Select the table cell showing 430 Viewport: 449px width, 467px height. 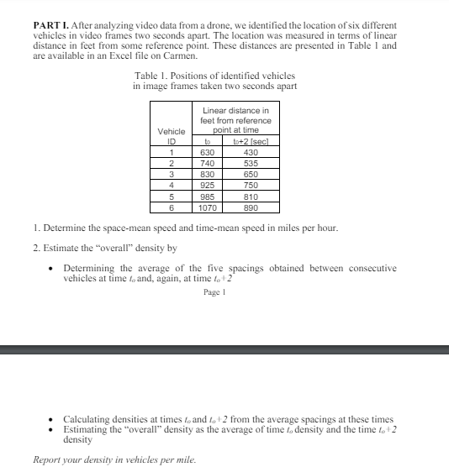[251, 152]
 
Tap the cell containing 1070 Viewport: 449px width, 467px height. [206, 207]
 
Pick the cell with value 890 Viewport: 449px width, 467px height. [251, 207]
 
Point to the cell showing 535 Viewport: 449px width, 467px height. [251, 163]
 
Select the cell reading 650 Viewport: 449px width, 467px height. [251, 174]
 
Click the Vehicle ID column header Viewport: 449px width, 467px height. [172, 136]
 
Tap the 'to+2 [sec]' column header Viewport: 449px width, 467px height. [251, 141]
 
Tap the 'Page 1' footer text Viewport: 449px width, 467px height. [215, 292]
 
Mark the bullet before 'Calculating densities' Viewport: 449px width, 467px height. [54, 419]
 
